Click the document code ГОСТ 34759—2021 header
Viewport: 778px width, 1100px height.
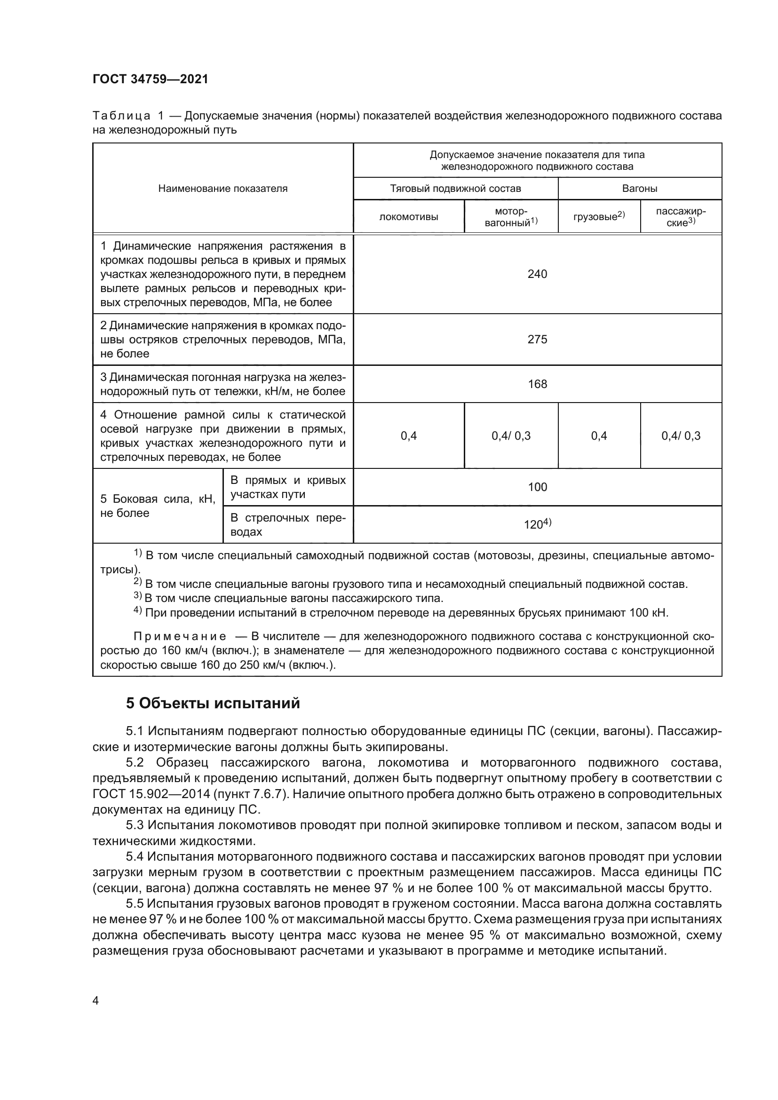[151, 79]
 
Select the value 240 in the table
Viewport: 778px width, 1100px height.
[537, 274]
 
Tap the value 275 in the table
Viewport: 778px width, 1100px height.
[537, 339]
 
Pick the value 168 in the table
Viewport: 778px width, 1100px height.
[537, 384]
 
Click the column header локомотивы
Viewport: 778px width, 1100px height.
[409, 216]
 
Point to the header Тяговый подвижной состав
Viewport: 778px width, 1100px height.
[455, 188]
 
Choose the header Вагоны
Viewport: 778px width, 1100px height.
[640, 188]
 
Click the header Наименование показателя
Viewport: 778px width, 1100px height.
[223, 188]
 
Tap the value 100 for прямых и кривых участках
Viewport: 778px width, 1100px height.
[537, 487]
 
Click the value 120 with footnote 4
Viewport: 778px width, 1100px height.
[537, 524]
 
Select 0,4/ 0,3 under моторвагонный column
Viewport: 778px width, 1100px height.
[511, 435]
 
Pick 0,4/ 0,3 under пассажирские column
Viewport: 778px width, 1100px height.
[681, 435]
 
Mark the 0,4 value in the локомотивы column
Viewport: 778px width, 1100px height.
[409, 435]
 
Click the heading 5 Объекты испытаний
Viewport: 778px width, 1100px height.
[213, 703]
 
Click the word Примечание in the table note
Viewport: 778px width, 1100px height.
[180, 636]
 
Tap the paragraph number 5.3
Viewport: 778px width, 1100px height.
[135, 825]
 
